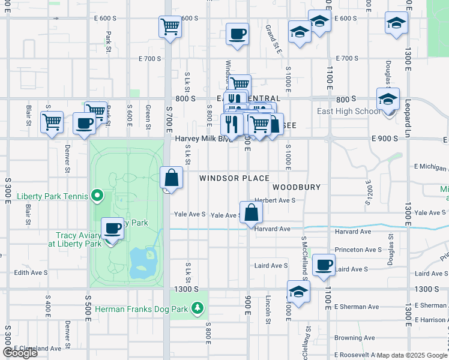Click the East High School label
[351, 111]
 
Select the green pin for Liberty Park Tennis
[95, 196]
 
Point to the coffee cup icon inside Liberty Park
[112, 228]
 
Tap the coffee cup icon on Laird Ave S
[324, 265]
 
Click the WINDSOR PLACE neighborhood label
[234, 178]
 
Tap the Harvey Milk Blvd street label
[203, 139]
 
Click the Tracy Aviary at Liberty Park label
[79, 239]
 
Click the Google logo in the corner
[20, 353]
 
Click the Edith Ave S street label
[31, 272]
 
